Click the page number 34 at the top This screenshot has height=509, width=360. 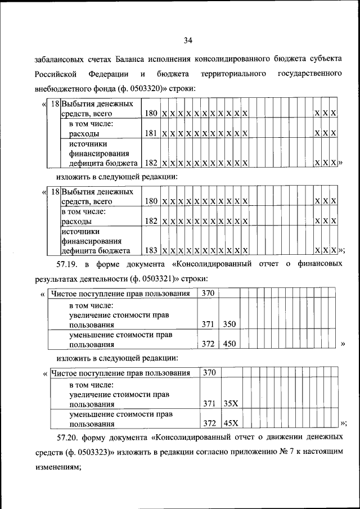(x=188, y=40)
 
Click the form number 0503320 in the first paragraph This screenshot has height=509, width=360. (x=141, y=88)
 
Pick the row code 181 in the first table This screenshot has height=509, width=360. (x=150, y=134)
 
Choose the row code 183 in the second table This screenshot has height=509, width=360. (x=150, y=250)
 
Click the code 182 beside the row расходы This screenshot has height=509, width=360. (x=150, y=221)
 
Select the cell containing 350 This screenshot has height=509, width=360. (x=228, y=325)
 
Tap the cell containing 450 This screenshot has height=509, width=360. (x=228, y=344)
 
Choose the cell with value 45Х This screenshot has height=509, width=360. (x=230, y=423)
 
